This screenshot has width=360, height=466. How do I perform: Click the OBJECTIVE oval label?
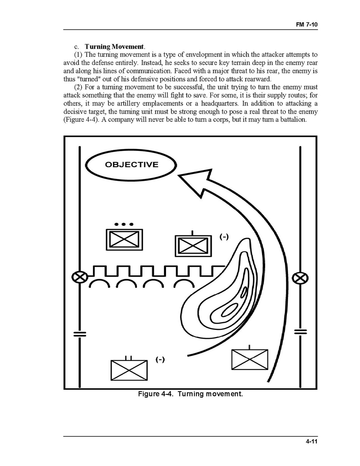coord(131,165)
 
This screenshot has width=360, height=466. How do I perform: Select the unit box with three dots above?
coord(124,239)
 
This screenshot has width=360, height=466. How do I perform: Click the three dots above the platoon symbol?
coord(124,224)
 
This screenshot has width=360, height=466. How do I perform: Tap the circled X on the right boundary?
coord(300,278)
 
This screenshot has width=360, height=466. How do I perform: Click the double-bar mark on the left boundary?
coord(80,334)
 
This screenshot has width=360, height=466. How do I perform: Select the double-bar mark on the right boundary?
coord(300,332)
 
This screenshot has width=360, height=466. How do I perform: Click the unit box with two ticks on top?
coord(129,370)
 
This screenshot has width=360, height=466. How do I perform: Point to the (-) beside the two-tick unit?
coord(160,360)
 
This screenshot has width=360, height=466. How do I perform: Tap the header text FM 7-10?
coord(307,25)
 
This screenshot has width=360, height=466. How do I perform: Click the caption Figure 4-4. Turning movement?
coord(190,394)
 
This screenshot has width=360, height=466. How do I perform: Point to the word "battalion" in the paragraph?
coord(293,119)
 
